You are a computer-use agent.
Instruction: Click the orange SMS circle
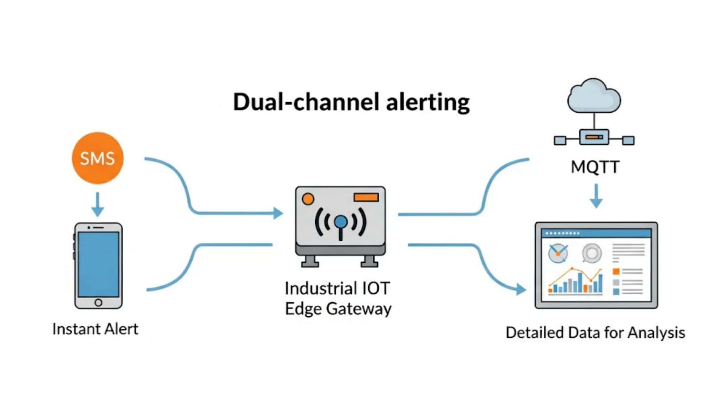pos(98,158)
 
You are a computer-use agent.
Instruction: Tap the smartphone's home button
pos(98,302)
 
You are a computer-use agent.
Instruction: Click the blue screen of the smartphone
pos(98,264)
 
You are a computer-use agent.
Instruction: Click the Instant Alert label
pos(95,329)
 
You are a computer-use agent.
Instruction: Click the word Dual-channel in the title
pos(305,102)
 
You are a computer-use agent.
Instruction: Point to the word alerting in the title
pos(428,102)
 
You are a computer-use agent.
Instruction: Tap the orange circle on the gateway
pos(308,199)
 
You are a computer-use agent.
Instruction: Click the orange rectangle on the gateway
pos(366,197)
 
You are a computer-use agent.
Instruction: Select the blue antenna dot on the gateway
pos(341,222)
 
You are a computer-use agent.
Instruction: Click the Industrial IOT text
pos(337,289)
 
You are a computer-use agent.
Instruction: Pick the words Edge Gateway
pos(338,309)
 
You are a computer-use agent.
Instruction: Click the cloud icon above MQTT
pos(594,96)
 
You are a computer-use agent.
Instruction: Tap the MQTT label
pos(595,167)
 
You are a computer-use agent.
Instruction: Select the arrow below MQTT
pos(596,196)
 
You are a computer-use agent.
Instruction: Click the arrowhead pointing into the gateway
pos(278,213)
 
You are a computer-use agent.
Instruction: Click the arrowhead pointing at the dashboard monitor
pos(521,289)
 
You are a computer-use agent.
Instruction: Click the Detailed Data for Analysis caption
pos(595,333)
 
